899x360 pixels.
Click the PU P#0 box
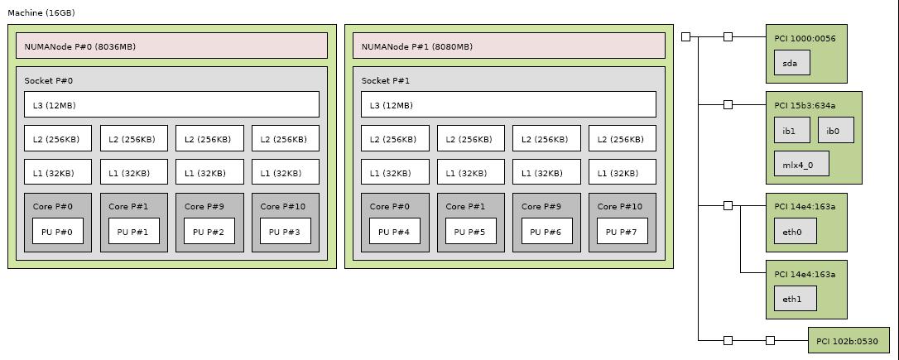point(57,231)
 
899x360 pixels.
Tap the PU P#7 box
point(622,231)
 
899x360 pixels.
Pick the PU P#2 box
point(209,231)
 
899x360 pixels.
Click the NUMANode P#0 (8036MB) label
point(79,46)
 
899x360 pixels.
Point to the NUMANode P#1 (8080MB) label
point(417,46)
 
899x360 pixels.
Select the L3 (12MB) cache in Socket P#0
point(171,104)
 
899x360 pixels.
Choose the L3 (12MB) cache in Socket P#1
point(508,104)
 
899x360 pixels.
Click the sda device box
point(791,63)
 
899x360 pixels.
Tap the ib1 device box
point(791,130)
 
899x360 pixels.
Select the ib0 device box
point(835,130)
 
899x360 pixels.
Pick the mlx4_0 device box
point(801,164)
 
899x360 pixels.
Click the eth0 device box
point(795,231)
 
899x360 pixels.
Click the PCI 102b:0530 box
point(849,340)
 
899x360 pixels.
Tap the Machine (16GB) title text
point(41,12)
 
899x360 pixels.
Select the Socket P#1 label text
point(385,80)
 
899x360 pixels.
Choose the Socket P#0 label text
point(48,80)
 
